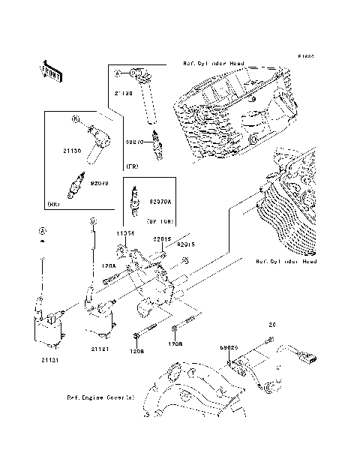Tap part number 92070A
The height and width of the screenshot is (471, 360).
click(x=159, y=201)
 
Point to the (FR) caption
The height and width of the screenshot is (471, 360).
click(x=131, y=166)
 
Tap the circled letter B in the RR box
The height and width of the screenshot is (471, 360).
click(x=75, y=118)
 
